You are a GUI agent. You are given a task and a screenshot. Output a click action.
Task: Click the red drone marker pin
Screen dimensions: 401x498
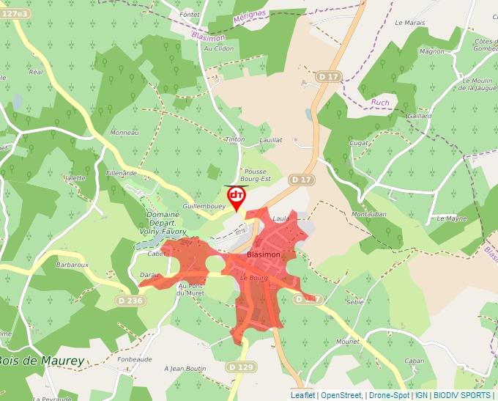[237, 196]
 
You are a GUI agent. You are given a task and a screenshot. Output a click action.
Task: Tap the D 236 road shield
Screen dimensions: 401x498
[130, 301]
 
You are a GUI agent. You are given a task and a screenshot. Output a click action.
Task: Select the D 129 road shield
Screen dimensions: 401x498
[240, 367]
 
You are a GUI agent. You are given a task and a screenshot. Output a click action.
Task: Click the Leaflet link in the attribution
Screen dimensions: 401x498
[302, 395]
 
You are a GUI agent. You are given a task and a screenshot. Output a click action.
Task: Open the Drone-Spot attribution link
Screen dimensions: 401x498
[389, 395]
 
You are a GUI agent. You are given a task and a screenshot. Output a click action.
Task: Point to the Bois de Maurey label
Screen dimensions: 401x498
[40, 361]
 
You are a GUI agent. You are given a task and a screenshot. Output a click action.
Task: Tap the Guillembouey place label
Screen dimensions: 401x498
[204, 207]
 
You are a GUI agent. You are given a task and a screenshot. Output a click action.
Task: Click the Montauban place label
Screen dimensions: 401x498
[368, 213]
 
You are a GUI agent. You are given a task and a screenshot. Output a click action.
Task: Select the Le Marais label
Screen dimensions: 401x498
[409, 23]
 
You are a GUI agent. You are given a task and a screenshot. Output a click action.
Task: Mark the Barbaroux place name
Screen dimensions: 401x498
[73, 265]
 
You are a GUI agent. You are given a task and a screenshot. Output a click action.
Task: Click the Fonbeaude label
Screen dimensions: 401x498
[134, 359]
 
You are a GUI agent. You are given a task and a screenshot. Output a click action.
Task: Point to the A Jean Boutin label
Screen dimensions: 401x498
[185, 368]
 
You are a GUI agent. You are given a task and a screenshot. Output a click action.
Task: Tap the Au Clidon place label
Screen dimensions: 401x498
[218, 48]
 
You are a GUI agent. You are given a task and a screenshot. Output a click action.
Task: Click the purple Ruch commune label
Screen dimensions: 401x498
[380, 103]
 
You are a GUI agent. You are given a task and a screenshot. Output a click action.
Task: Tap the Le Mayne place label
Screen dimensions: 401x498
[452, 218]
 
